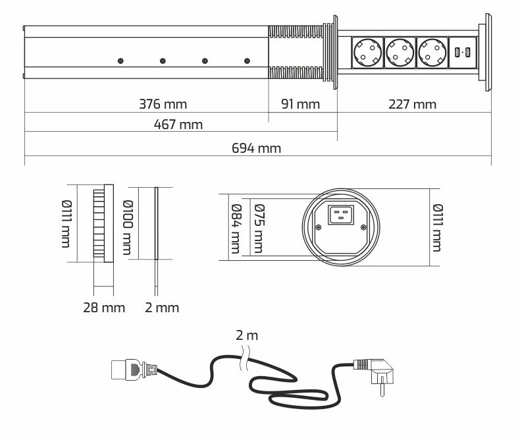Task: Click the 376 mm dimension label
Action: click(163, 104)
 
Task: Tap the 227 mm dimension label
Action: click(413, 104)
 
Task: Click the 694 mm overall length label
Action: click(257, 148)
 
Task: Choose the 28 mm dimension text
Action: click(104, 307)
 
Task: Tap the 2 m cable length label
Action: click(247, 335)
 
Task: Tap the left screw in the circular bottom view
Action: click(319, 228)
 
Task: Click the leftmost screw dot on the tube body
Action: click(121, 61)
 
